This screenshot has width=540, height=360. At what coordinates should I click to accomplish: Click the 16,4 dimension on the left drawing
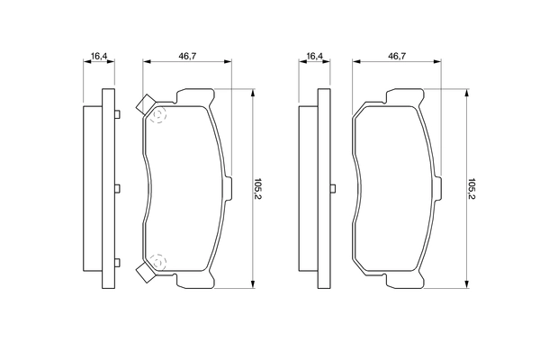pyautogui.click(x=99, y=57)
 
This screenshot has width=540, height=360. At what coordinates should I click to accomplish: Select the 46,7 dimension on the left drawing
pyautogui.click(x=187, y=57)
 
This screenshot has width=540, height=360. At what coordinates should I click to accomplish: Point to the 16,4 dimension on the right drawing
pyautogui.click(x=314, y=57)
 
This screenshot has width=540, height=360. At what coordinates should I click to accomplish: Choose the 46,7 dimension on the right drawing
pyautogui.click(x=395, y=57)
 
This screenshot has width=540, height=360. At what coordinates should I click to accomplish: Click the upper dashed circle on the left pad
pyautogui.click(x=159, y=116)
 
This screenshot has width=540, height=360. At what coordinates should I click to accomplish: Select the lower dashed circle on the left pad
pyautogui.click(x=159, y=261)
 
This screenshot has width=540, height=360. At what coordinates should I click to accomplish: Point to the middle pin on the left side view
pyautogui.click(x=118, y=188)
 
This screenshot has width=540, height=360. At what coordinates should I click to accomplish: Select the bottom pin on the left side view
pyautogui.click(x=118, y=264)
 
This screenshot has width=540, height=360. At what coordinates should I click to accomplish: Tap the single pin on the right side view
pyautogui.click(x=333, y=188)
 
